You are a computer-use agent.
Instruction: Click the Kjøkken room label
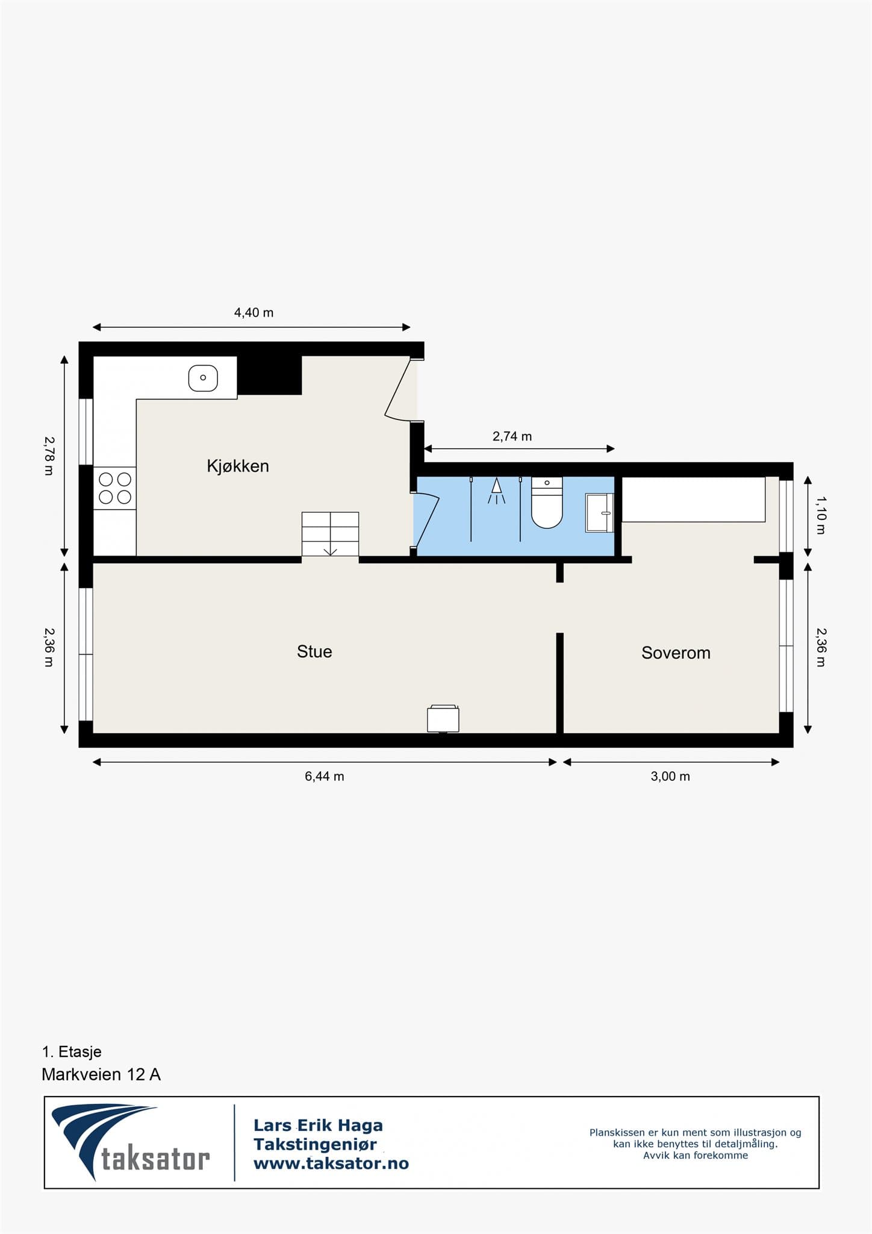[x=238, y=466]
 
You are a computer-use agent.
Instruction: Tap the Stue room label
[x=314, y=651]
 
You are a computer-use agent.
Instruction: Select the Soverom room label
[x=676, y=653]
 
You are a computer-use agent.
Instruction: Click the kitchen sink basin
[x=203, y=378]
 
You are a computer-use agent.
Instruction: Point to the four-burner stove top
[x=115, y=488]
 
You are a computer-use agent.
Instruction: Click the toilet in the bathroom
[x=547, y=503]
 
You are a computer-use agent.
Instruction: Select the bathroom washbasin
[x=599, y=513]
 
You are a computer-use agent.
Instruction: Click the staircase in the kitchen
[x=330, y=534]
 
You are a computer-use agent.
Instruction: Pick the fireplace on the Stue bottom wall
[x=443, y=718]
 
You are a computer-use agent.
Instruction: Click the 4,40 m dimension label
[x=254, y=313]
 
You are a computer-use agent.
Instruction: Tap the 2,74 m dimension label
[x=512, y=436]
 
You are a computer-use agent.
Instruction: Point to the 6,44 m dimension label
[x=325, y=776]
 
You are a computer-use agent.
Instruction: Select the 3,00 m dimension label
[x=670, y=776]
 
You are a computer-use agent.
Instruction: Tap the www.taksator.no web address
[x=331, y=1164]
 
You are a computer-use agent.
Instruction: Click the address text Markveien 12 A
[x=101, y=1074]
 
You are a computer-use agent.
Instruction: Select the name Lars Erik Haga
[x=318, y=1125]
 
